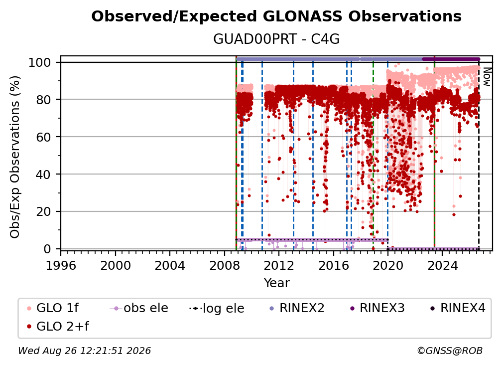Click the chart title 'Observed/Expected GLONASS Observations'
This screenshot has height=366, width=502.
276,16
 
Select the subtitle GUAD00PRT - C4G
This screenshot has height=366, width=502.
276,39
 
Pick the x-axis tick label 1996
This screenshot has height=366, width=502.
61,266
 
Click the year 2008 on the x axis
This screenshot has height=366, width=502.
225,266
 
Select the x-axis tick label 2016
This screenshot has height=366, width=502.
334,266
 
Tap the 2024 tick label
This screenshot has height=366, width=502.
442,266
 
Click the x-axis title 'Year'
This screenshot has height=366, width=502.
276,283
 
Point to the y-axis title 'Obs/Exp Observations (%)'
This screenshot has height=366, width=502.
15,157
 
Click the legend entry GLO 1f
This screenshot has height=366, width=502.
53,308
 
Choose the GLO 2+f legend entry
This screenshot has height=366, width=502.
58,326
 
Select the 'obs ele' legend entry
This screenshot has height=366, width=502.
139,308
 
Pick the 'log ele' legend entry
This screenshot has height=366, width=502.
217,308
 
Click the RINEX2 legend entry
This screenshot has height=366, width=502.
297,308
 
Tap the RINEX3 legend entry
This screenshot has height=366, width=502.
377,308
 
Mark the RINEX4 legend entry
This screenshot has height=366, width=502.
458,308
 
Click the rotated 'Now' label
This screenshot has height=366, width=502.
487,77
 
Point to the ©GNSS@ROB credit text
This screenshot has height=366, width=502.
450,351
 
